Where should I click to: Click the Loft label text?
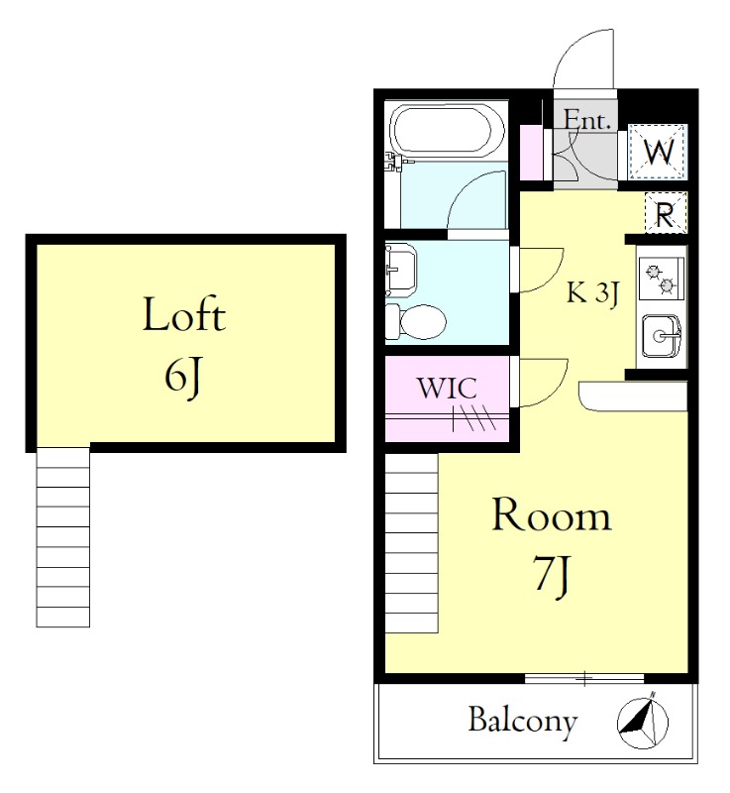pos(184,314)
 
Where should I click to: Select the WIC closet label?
pos(447,389)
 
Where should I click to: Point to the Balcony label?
pos(523,722)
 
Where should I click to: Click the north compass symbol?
pos(643,722)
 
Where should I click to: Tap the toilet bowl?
pos(416,321)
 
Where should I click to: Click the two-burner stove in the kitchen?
pos(662,279)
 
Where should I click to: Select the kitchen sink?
pos(662,335)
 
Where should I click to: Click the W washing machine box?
pos(658,152)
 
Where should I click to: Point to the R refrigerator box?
pos(666,212)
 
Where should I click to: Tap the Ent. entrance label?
pos(587,120)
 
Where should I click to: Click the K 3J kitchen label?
pos(592,293)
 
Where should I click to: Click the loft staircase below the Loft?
pos(63,537)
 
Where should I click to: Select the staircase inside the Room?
pos(412,543)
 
